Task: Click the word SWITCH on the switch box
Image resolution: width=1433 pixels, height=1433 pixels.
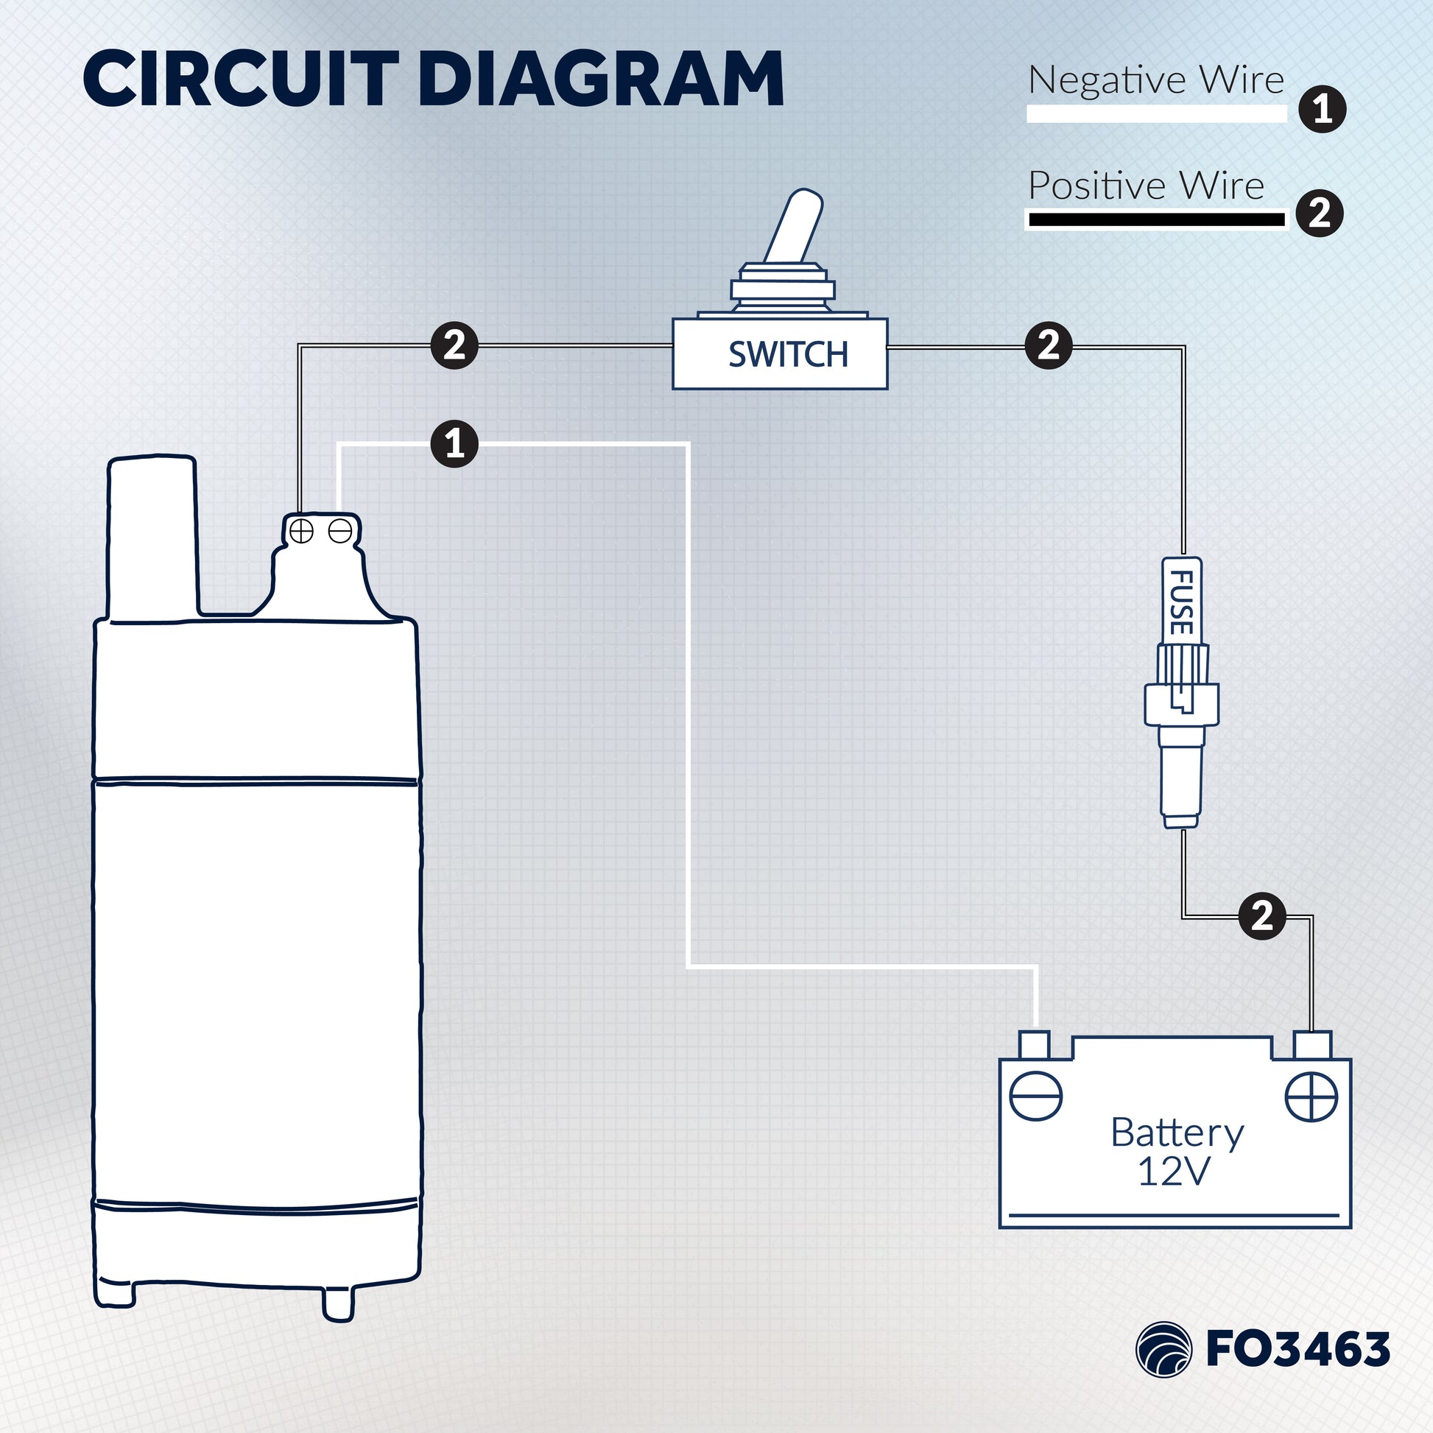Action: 788,354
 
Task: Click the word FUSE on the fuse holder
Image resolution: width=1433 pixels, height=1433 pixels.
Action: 1181,602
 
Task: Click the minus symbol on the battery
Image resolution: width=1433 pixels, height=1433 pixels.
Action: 1036,1096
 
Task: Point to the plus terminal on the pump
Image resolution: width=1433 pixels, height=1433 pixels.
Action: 302,531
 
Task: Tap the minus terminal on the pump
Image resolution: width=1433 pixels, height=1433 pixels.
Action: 339,531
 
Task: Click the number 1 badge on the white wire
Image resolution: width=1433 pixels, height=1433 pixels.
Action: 454,444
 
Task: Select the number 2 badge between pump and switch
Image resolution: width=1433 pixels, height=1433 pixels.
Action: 454,345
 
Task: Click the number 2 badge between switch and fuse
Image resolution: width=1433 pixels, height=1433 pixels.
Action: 1048,345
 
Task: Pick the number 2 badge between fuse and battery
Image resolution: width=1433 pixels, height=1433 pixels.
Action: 1261,916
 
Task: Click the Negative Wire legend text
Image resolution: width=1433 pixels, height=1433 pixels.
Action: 1155,80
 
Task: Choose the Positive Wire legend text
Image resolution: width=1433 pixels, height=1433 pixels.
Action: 1146,186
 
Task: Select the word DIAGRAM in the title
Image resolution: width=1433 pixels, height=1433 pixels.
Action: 602,80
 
